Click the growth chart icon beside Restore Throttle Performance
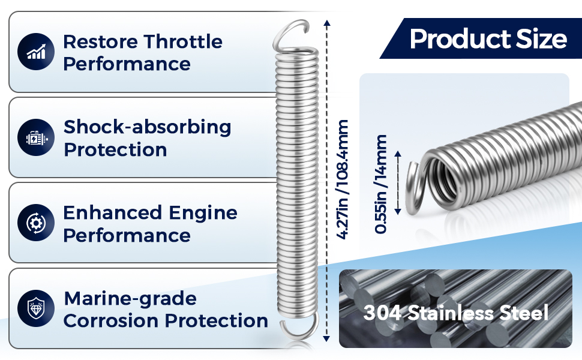(x=36, y=52)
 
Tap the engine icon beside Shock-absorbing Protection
(x=36, y=137)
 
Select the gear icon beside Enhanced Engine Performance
(x=36, y=223)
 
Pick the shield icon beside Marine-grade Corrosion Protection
(x=36, y=308)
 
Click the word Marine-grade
(x=130, y=299)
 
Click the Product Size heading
(x=488, y=38)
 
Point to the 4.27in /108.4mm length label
(x=342, y=179)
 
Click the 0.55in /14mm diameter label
(x=381, y=184)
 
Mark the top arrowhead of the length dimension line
(x=326, y=23)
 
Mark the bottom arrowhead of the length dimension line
(x=326, y=338)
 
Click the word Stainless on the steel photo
(x=451, y=313)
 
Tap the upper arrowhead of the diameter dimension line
(x=398, y=154)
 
